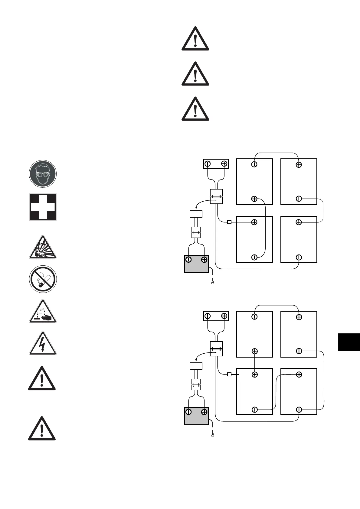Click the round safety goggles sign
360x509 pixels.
click(43, 174)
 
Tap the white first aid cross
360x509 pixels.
click(43, 207)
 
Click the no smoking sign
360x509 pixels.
click(43, 279)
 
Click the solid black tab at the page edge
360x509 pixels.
click(349, 342)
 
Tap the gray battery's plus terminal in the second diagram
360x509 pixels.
click(204, 412)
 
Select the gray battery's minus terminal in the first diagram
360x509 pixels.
click(188, 260)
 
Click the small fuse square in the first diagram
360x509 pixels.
click(229, 222)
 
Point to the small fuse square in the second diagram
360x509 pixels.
click(229, 374)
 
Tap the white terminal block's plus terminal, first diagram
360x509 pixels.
click(224, 164)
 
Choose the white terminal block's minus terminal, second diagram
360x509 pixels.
click(208, 316)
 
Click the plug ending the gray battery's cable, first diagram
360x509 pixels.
click(213, 283)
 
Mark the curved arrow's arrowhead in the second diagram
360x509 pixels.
click(197, 360)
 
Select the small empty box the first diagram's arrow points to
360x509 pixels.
click(196, 214)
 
